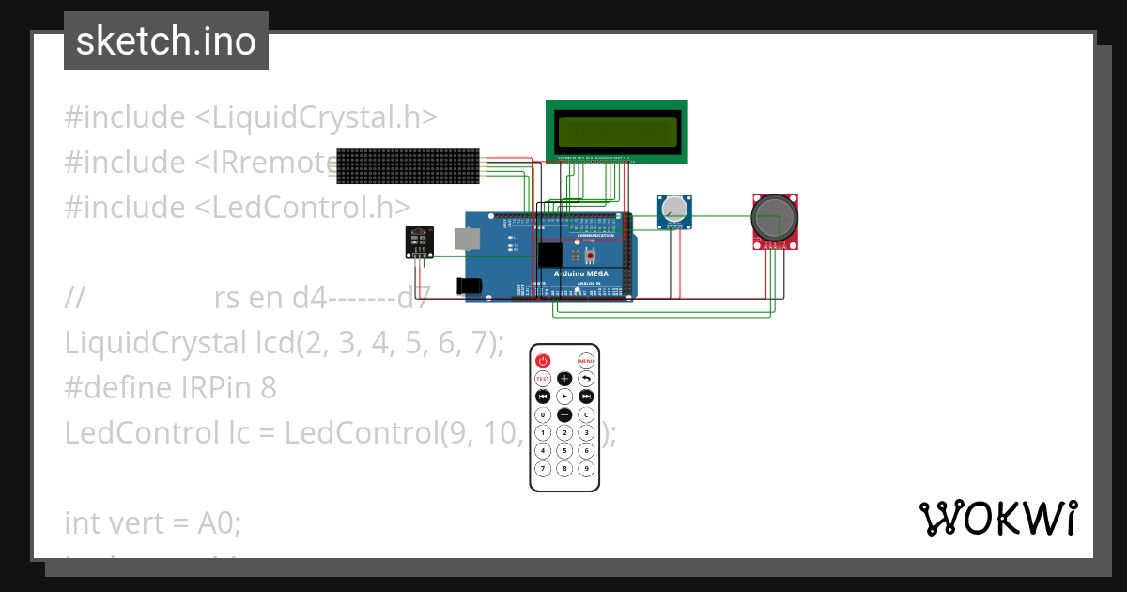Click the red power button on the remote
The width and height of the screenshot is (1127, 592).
tap(543, 361)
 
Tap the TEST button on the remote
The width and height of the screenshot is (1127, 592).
tap(543, 379)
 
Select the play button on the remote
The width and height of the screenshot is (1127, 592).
tap(564, 397)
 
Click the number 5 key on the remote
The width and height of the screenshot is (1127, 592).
tap(564, 450)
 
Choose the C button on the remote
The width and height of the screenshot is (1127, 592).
tap(586, 414)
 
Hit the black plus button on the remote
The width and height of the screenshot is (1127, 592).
tap(564, 379)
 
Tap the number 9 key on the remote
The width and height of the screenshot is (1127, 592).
tap(586, 468)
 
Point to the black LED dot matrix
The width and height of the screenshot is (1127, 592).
tap(408, 165)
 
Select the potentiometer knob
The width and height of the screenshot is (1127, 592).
tap(673, 210)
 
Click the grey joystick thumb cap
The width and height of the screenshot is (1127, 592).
tap(774, 216)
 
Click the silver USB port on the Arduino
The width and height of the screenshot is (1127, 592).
tap(466, 239)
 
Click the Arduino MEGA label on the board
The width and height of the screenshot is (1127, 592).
tap(580, 274)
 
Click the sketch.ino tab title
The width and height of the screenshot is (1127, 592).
tap(166, 41)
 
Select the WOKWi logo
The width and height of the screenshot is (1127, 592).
tap(997, 519)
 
